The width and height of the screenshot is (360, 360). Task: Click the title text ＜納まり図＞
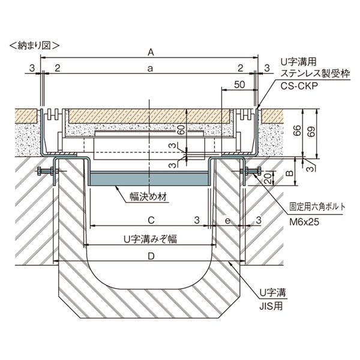pyautogui.click(x=34, y=46)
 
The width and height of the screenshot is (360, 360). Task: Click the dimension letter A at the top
pyautogui.click(x=151, y=52)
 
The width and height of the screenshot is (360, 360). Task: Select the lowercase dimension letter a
pyautogui.click(x=150, y=68)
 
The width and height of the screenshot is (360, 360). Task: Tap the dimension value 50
pyautogui.click(x=239, y=85)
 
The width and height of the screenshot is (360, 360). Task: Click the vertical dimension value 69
pyautogui.click(x=312, y=131)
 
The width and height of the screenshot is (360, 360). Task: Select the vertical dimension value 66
pyautogui.click(x=298, y=130)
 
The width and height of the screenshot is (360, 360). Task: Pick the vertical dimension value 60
pyautogui.click(x=181, y=130)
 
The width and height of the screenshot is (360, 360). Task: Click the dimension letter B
pyautogui.click(x=290, y=173)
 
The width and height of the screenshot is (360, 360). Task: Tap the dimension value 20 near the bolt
pyautogui.click(x=268, y=178)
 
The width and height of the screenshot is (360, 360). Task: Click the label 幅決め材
pyautogui.click(x=149, y=197)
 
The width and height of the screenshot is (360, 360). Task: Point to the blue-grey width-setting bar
pyautogui.click(x=149, y=179)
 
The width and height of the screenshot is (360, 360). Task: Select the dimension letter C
pyautogui.click(x=151, y=220)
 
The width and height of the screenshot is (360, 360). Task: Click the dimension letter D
pyautogui.click(x=151, y=256)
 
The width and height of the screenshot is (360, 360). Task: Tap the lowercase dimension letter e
pyautogui.click(x=227, y=221)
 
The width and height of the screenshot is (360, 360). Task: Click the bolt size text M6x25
pyautogui.click(x=304, y=222)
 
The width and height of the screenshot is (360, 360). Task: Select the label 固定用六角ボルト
pyautogui.click(x=317, y=206)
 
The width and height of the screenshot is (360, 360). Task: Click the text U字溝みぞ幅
pyautogui.click(x=151, y=239)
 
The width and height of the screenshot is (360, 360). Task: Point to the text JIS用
pyautogui.click(x=271, y=306)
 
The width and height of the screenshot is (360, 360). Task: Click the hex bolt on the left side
pyautogui.click(x=47, y=171)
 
